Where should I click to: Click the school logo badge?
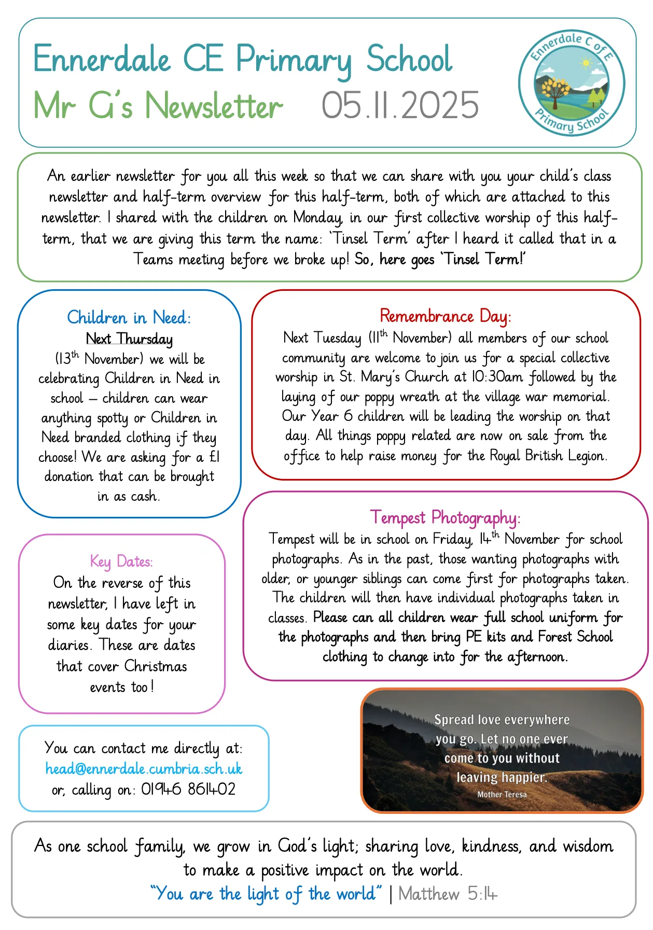click(x=572, y=82)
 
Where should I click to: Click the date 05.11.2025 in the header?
click(x=400, y=106)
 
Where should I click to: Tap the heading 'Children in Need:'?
click(x=129, y=317)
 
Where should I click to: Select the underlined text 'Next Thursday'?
click(x=129, y=339)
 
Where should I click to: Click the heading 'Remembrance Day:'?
click(x=446, y=316)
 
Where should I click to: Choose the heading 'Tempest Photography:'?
click(x=445, y=517)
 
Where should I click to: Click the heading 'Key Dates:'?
click(x=121, y=561)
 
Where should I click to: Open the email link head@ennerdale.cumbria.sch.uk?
click(x=144, y=768)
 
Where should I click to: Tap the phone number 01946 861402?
click(x=188, y=789)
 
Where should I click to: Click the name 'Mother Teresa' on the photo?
click(x=502, y=794)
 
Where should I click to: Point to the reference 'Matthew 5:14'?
click(x=448, y=894)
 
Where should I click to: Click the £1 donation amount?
click(x=214, y=457)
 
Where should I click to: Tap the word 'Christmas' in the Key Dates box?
click(x=155, y=666)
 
